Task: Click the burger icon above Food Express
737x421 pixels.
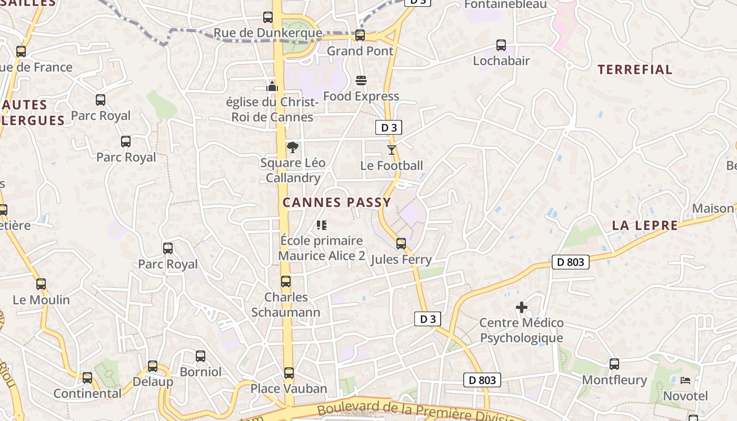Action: pos(361,81)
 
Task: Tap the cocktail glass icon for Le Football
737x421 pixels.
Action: pos(391,150)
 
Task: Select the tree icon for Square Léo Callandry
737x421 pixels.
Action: pos(293,147)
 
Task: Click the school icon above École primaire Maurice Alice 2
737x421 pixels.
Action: pos(322,225)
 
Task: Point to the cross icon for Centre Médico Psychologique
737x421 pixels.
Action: pos(522,307)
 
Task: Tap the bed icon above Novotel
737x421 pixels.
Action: pos(685,380)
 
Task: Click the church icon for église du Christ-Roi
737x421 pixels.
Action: pos(272,86)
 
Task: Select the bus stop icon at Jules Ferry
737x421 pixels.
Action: pos(401,244)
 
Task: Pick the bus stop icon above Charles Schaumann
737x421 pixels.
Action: pos(286,282)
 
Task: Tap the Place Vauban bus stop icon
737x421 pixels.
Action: pos(288,373)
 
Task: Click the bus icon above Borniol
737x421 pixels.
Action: pos(201,356)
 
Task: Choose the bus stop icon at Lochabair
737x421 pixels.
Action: pos(501,45)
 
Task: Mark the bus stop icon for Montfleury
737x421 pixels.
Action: pos(614,364)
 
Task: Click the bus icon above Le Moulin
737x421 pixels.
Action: pos(41,284)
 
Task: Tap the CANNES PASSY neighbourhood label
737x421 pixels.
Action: pos(337,203)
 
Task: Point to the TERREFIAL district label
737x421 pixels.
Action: pos(635,69)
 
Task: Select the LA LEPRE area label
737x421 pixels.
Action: pos(645,226)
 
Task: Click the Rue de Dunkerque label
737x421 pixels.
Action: pos(267,33)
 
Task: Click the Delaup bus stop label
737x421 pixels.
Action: pos(153,382)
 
